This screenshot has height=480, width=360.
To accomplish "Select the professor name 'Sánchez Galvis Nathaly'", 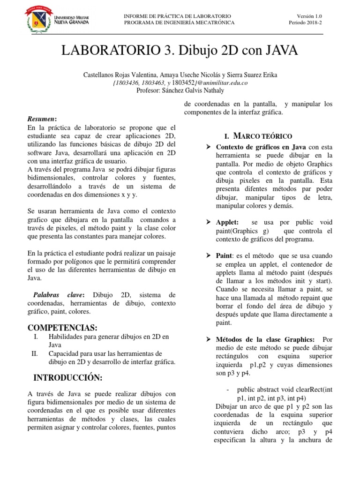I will pyautogui.click(x=194, y=90).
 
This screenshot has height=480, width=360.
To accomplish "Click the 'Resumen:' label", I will pyautogui.click(x=42, y=119).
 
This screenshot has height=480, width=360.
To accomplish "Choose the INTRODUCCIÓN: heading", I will pyautogui.click(x=68, y=377).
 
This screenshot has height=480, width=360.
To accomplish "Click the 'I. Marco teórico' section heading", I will pyautogui.click(x=258, y=136).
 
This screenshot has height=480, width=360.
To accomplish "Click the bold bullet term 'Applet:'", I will pyautogui.click(x=227, y=222).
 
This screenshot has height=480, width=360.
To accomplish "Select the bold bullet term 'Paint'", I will pyautogui.click(x=224, y=255).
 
